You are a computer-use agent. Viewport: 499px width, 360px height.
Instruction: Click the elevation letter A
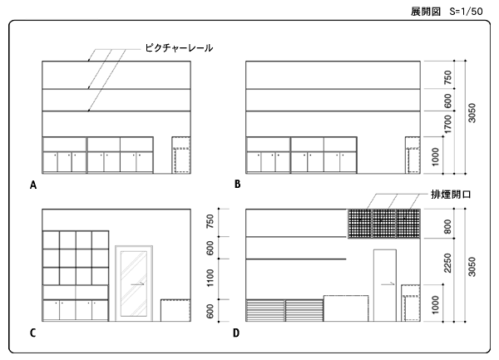click(33, 185)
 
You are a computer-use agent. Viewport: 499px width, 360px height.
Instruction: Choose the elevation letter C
click(33, 334)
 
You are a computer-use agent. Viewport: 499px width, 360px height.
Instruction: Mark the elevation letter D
click(237, 334)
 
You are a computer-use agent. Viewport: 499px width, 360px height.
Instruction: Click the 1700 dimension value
click(447, 126)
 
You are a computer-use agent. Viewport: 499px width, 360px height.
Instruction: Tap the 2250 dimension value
click(447, 263)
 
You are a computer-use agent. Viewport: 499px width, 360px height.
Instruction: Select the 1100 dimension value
click(211, 275)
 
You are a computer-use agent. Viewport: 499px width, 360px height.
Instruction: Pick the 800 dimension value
click(447, 225)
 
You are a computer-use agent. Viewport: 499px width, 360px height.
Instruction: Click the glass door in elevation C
click(132, 283)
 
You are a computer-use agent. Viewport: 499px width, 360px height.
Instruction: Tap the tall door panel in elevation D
click(385, 286)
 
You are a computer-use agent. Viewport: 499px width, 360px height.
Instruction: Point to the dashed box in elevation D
click(410, 304)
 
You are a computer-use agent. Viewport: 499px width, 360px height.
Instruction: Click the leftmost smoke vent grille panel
click(358, 224)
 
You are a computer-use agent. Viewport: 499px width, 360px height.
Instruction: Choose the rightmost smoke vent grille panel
click(408, 224)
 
